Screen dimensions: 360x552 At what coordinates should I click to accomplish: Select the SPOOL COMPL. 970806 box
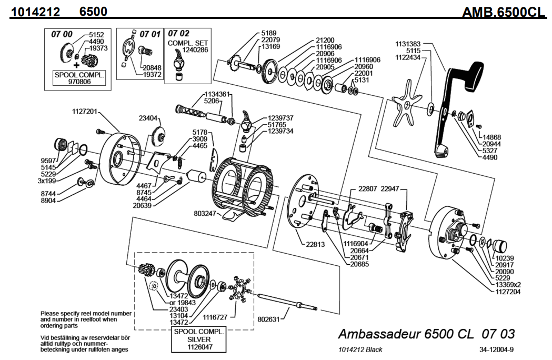pyautogui.click(x=80, y=78)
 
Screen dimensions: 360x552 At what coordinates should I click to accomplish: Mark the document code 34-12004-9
pyautogui.click(x=497, y=349)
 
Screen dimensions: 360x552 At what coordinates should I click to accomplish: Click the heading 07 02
pyautogui.click(x=179, y=33)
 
